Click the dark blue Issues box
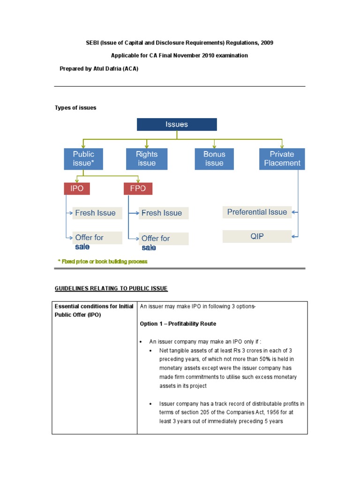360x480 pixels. (x=177, y=124)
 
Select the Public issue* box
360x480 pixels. (x=83, y=159)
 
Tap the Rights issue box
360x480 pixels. (x=147, y=159)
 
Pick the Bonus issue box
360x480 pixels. (x=214, y=159)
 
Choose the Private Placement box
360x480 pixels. (x=282, y=159)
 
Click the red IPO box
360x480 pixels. (x=77, y=188)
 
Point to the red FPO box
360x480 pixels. (x=138, y=188)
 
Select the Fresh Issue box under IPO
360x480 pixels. (x=97, y=213)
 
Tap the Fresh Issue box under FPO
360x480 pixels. (x=164, y=213)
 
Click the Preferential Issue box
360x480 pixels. (x=257, y=212)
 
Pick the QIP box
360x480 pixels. (x=257, y=237)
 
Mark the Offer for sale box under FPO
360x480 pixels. (x=164, y=239)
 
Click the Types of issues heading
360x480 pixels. (x=75, y=108)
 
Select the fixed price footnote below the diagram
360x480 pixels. (x=102, y=262)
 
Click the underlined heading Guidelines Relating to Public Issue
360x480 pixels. (x=111, y=288)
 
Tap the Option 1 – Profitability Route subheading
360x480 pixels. (x=178, y=324)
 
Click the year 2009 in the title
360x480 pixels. (x=266, y=43)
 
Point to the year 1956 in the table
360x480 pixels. (x=261, y=412)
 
